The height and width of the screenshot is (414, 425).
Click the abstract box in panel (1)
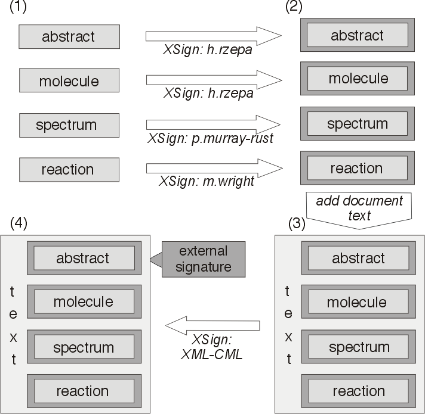69,36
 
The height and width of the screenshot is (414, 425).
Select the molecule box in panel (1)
69,80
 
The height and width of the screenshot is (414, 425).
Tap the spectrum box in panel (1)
69,125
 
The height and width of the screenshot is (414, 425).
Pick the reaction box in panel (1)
69,169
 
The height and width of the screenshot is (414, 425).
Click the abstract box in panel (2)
357,36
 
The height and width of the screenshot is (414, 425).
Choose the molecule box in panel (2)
357,79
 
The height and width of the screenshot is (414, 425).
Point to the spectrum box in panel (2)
357,124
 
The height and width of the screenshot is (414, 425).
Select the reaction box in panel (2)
357,169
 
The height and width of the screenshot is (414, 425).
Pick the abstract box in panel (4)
83,259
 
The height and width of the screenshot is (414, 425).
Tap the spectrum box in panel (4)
83,347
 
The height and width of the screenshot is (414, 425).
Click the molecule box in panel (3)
356,302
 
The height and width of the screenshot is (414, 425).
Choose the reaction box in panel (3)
356,391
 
